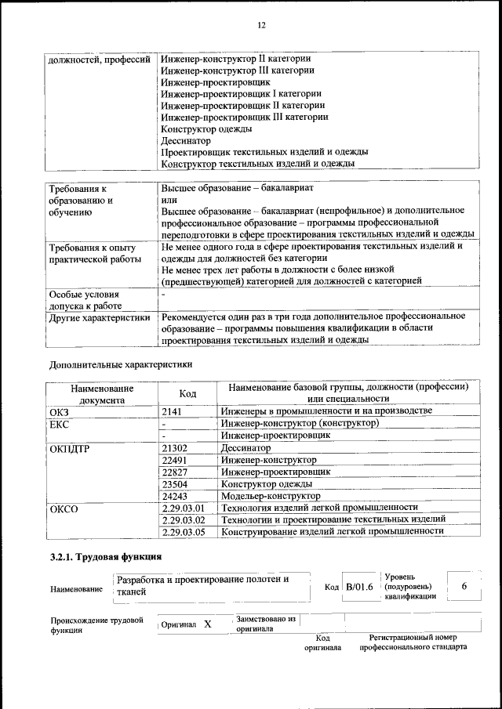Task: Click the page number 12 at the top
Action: tap(261, 25)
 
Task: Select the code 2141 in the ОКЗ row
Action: tap(172, 411)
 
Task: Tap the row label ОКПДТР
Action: tap(68, 447)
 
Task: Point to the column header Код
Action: tap(187, 393)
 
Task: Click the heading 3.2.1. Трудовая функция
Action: tap(105, 557)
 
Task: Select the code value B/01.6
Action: tap(360, 587)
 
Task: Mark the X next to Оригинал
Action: tap(207, 624)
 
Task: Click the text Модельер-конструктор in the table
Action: tap(271, 496)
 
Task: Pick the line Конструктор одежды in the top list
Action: tap(206, 128)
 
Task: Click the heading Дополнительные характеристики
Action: tap(120, 364)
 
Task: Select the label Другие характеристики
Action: tap(99, 317)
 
